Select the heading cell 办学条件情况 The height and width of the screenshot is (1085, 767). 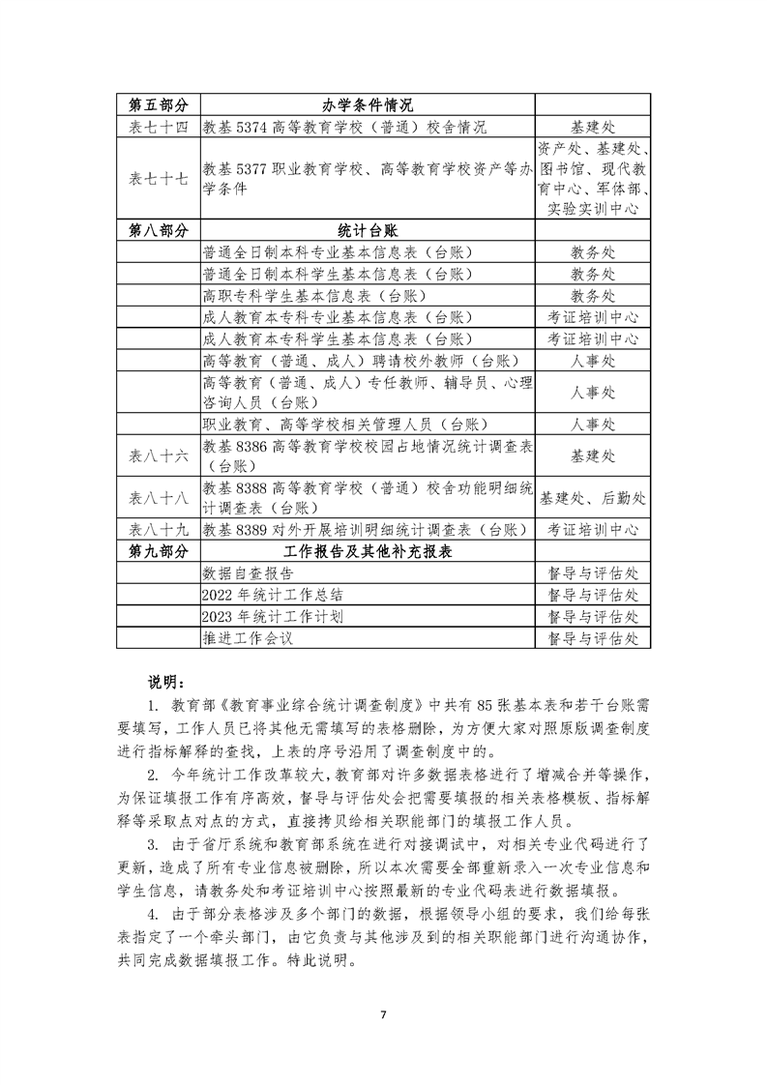click(x=368, y=104)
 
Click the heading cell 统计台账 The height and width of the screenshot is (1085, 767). click(x=368, y=230)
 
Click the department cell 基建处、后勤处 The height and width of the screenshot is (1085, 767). click(x=593, y=498)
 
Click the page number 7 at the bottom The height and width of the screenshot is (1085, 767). click(x=383, y=1014)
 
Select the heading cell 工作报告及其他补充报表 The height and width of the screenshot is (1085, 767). click(x=368, y=551)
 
